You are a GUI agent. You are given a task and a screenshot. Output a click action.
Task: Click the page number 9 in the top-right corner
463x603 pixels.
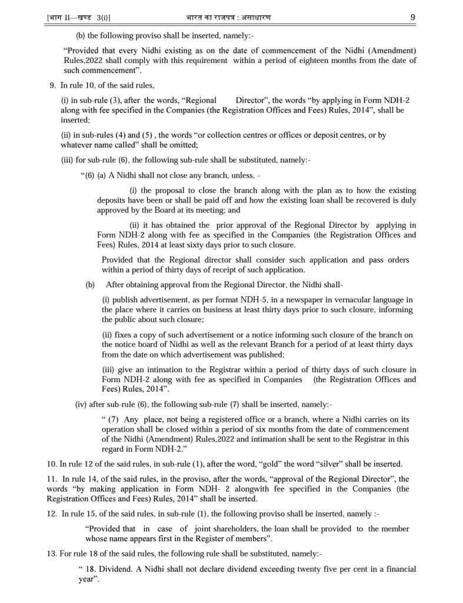412,18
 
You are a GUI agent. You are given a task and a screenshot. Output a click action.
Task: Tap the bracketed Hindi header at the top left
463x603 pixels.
78,18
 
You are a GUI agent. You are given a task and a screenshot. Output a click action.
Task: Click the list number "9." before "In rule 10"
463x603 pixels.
53,85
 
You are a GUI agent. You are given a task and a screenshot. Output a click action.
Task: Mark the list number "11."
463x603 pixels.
51,479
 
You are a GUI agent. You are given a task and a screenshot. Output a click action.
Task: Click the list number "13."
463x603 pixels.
51,554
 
